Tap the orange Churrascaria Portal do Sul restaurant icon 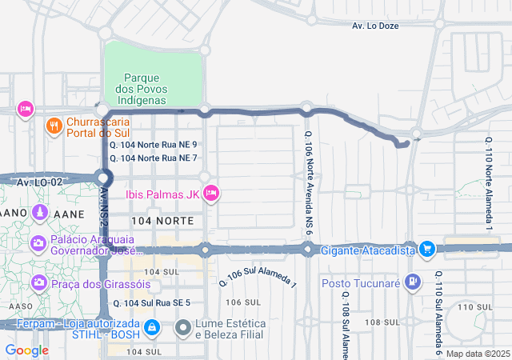point(54,126)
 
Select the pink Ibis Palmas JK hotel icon point(211,193)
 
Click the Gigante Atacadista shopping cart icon point(427,250)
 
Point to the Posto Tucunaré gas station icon point(412,282)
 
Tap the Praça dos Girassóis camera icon point(38,283)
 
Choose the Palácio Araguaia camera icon point(38,242)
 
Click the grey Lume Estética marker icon point(183,327)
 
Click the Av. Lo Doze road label point(375,26)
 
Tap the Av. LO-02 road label point(39,182)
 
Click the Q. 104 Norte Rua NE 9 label point(154,145)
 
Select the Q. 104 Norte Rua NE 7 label point(154,158)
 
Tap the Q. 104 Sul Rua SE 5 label point(151,303)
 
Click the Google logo point(26,350)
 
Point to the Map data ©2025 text point(477,354)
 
